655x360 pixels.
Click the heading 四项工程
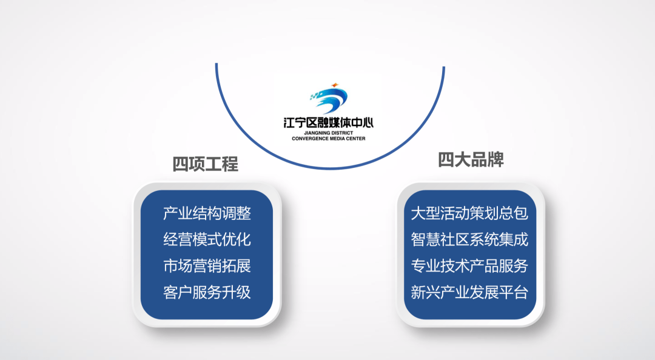205,164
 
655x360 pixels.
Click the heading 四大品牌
471,160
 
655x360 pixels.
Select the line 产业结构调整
207,213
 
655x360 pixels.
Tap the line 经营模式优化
207,240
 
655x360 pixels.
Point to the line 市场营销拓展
207,266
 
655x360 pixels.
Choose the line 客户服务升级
207,292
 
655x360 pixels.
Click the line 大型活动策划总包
469,213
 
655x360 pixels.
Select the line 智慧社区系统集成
469,240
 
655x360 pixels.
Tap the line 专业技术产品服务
469,266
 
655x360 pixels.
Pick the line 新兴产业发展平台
469,292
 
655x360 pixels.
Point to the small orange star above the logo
334,85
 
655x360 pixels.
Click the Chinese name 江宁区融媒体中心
328,123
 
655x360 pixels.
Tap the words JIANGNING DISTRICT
328,133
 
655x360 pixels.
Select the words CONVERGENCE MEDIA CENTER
328,139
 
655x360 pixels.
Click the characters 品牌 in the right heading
488,160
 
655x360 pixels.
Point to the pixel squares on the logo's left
315,96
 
